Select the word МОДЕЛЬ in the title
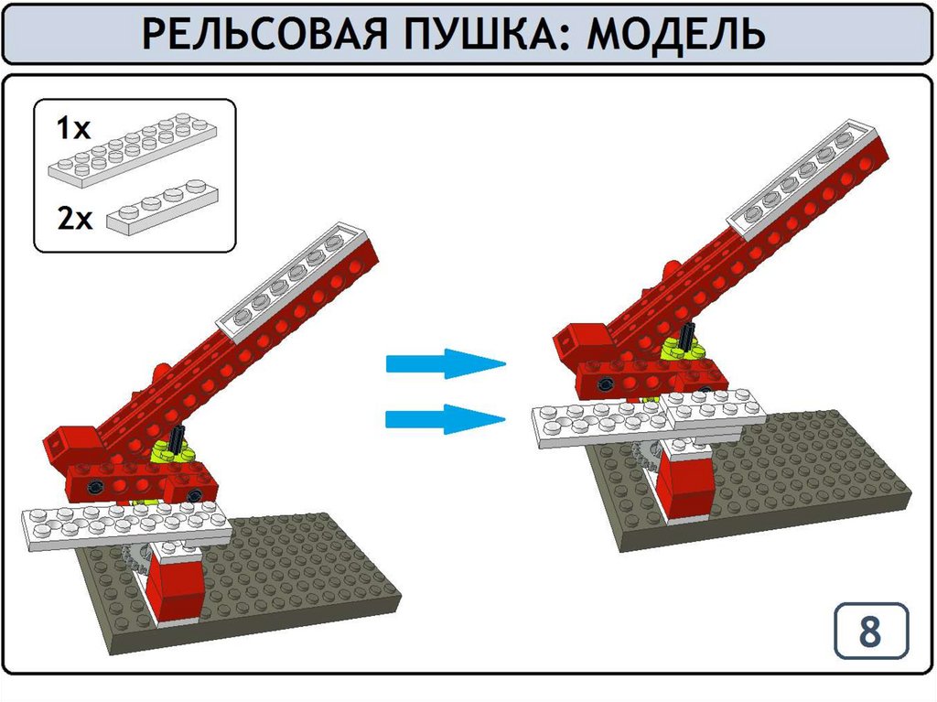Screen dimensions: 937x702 (x=676, y=34)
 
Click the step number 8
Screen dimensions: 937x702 (x=870, y=631)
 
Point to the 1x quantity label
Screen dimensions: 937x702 (x=73, y=128)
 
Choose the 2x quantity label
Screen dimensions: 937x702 (x=75, y=218)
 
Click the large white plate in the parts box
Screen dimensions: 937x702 (x=133, y=150)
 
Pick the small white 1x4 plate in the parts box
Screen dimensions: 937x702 (x=163, y=204)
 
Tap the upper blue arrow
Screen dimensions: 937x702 (x=446, y=363)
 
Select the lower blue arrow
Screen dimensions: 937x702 (x=446, y=418)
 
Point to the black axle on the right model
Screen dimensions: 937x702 (x=688, y=337)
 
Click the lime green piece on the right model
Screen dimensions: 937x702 (x=680, y=349)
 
